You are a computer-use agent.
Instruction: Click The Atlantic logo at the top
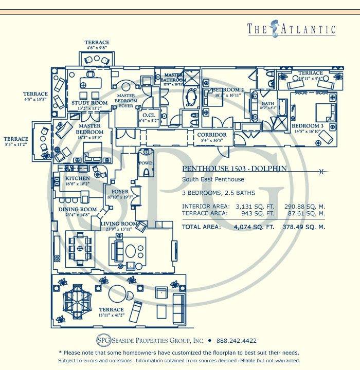[x=291, y=29]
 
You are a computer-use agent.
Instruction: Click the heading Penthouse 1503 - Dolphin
[x=234, y=169]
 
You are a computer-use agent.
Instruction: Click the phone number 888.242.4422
[x=237, y=341]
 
